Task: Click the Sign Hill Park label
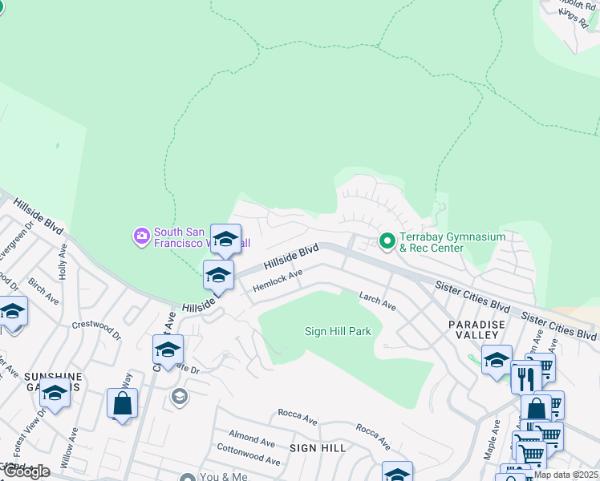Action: coord(338,331)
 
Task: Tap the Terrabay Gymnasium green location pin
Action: coord(387,240)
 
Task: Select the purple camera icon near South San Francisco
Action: coord(142,236)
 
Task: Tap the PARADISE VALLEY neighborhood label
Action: coord(476,329)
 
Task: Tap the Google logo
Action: coord(26,471)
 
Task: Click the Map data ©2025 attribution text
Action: coord(566,475)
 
